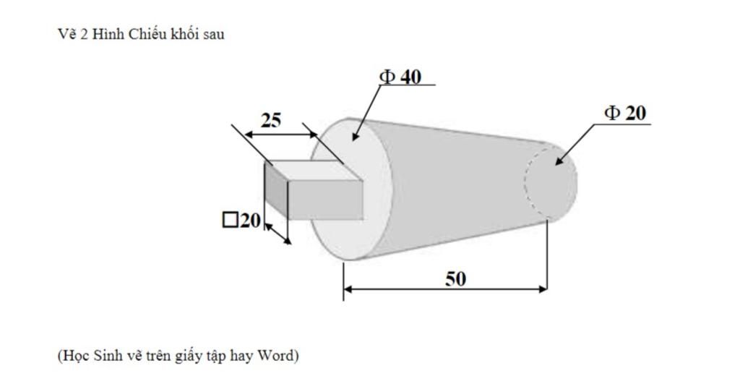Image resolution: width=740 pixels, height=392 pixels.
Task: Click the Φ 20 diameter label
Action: pyautogui.click(x=625, y=113)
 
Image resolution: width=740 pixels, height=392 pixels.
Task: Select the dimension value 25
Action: pyautogui.click(x=270, y=120)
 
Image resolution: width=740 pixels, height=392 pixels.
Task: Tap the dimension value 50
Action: pyautogui.click(x=455, y=278)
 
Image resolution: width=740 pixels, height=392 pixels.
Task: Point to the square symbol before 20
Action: pyautogui.click(x=230, y=220)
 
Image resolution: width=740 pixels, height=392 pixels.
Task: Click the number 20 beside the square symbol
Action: pyautogui.click(x=250, y=220)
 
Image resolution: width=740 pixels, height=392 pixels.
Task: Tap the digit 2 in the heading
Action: pyautogui.click(x=85, y=34)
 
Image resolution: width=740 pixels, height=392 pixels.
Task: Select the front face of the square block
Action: pyautogui.click(x=325, y=200)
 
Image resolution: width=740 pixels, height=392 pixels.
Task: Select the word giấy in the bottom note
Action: pyautogui.click(x=190, y=357)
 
